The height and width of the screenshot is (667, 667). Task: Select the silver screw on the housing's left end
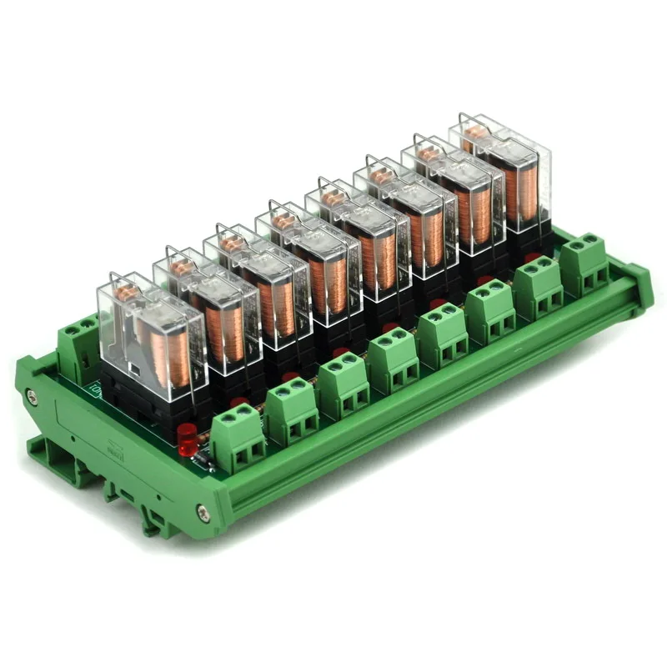click(x=32, y=397)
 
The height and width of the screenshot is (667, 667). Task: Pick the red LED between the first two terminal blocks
click(x=238, y=402)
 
